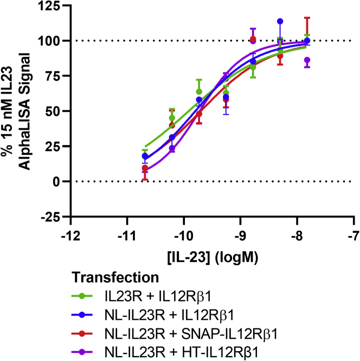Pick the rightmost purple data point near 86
coord(307,60)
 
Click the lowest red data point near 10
coord(145,168)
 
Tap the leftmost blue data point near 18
coord(145,156)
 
